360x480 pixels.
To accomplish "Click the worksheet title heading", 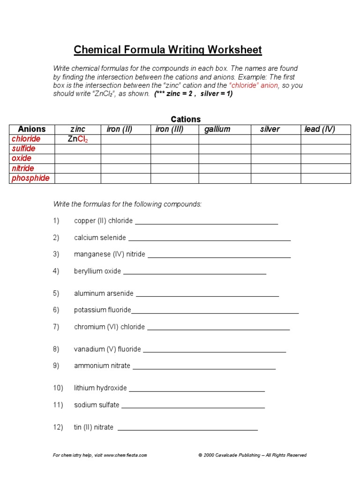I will (168, 50).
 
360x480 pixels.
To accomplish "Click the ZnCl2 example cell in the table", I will (78, 139).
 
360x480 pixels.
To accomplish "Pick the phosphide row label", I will (30, 178).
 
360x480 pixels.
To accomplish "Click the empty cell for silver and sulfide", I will (276, 149).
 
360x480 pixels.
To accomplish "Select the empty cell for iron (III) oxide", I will (174, 159).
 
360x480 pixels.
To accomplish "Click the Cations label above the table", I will (186, 120).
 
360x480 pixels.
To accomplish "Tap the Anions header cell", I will (32, 129).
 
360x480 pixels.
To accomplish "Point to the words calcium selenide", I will (100, 238).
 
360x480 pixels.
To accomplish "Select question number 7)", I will (56, 327).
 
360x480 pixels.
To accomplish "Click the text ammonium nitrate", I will (102, 366).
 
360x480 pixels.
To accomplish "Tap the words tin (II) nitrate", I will (94, 427).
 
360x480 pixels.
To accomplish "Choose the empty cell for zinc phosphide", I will (78, 178).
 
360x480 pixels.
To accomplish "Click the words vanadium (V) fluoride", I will (107, 349).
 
